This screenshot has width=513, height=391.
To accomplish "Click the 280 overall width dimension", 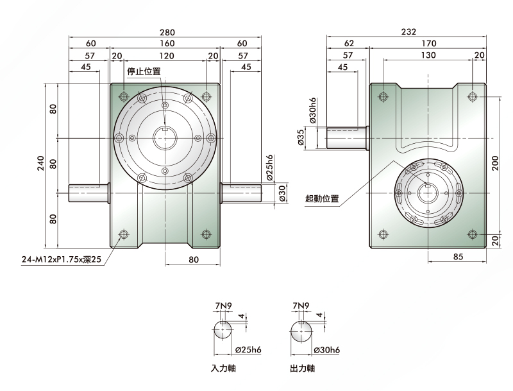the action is [167, 32].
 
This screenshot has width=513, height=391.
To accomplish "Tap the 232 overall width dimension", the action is [408, 31].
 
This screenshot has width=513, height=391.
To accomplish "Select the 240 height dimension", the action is [40, 163].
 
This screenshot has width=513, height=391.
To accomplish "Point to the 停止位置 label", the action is [144, 71].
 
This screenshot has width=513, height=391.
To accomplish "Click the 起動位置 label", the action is [322, 198].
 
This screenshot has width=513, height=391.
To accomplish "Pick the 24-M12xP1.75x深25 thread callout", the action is [62, 259].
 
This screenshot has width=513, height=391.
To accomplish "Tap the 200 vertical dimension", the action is [495, 163].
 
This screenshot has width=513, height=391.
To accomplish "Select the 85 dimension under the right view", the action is [458, 256].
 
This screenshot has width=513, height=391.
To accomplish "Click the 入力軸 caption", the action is [223, 369].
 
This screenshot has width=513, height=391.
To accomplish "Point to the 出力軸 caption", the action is [302, 369].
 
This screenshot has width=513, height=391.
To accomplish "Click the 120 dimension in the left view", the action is [167, 56].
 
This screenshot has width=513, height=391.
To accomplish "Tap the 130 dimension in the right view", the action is [428, 55].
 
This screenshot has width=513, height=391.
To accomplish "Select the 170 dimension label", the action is [428, 43].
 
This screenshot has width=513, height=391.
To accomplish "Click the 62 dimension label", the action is [349, 43].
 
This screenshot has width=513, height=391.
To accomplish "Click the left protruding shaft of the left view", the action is [88, 193].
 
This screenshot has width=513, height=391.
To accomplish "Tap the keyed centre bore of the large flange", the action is [165, 138].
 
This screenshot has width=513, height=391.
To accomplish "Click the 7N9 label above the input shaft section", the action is [223, 306].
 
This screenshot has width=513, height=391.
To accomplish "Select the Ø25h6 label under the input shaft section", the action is [248, 350].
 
